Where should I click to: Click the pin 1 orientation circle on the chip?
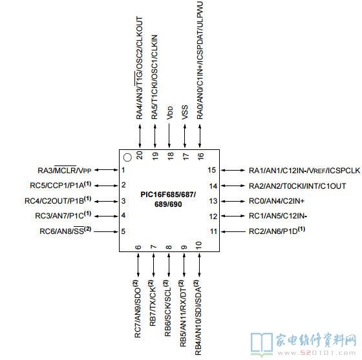pyautogui.click(x=127, y=158)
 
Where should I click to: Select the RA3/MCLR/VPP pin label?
pyautogui.click(x=65, y=171)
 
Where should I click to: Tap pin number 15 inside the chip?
pyautogui.click(x=211, y=170)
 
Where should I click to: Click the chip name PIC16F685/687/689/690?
pyautogui.click(x=168, y=199)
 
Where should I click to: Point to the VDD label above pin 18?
pyautogui.click(x=169, y=113)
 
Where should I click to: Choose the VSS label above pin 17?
pyautogui.click(x=185, y=112)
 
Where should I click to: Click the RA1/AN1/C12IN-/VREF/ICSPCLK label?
pyautogui.click(x=304, y=171)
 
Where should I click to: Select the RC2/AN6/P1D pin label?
pyautogui.click(x=277, y=231)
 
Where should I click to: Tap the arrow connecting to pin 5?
pyautogui.click(x=106, y=231)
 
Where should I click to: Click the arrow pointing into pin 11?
pyautogui.click(x=233, y=231)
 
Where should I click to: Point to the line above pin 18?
pyautogui.click(x=169, y=136)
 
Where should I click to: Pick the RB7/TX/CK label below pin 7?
pyautogui.click(x=153, y=303)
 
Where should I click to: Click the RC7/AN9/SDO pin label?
pyautogui.click(x=137, y=309)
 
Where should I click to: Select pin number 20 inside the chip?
pyautogui.click(x=140, y=155)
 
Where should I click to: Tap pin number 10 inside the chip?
pyautogui.click(x=198, y=245)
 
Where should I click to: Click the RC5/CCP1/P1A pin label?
pyautogui.click(x=61, y=185)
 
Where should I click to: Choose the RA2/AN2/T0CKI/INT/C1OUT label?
pyautogui.click(x=297, y=186)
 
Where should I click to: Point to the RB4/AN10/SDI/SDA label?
pyautogui.click(x=198, y=317)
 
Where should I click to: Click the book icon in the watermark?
pyautogui.click(x=262, y=344)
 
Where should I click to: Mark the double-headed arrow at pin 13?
pyautogui.click(x=233, y=201)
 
